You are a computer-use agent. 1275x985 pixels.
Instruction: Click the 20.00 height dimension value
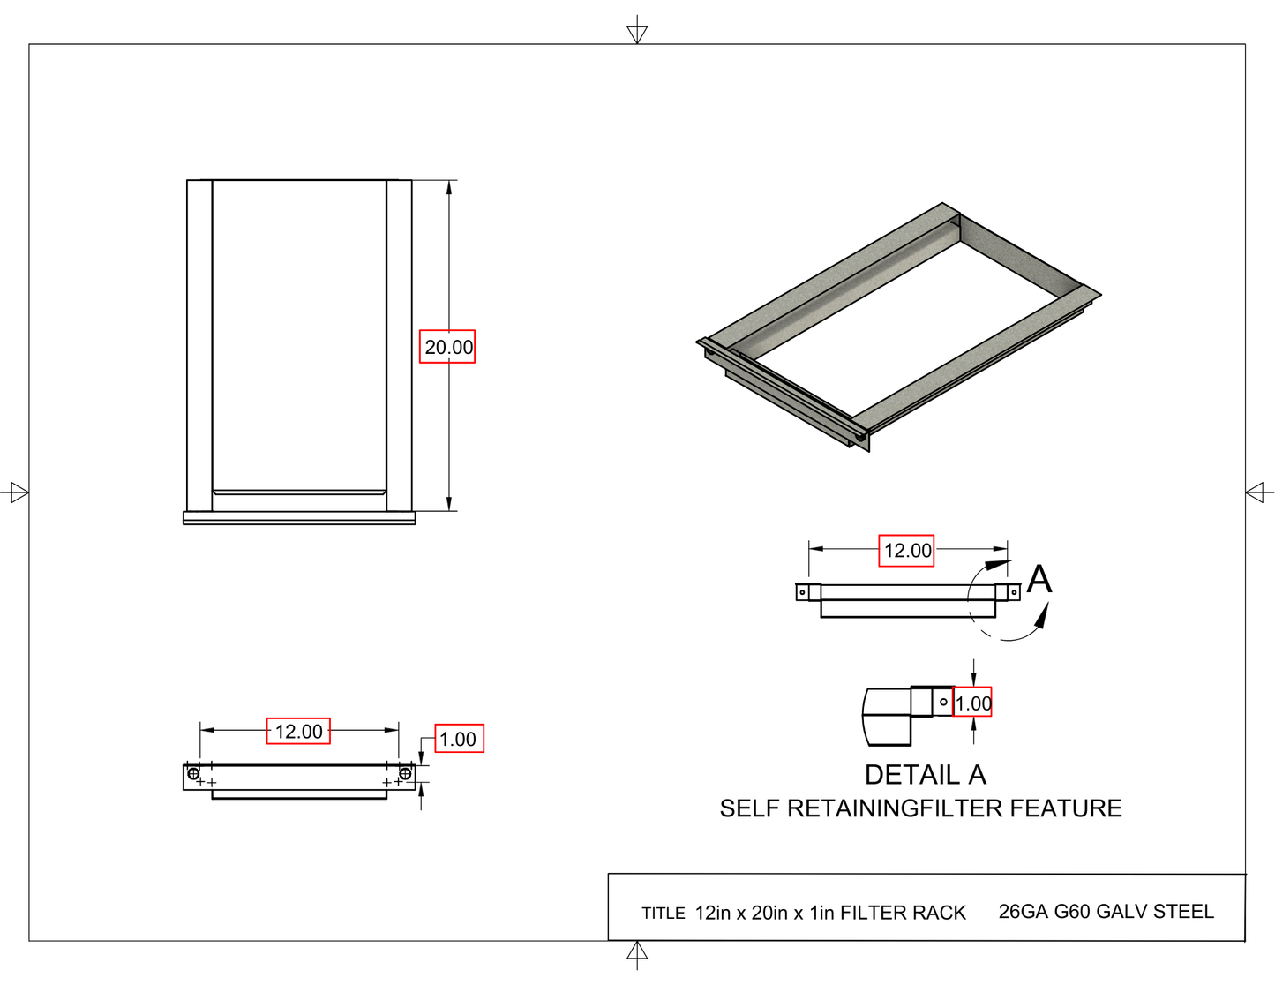click(x=447, y=347)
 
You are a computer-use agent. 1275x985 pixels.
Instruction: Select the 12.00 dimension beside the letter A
click(x=906, y=551)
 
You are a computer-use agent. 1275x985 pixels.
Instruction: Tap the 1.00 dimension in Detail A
click(x=972, y=703)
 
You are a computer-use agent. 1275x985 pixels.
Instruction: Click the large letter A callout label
click(x=1039, y=580)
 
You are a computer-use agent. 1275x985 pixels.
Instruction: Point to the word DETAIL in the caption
click(x=911, y=775)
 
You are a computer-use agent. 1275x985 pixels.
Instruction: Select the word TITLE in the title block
click(x=663, y=914)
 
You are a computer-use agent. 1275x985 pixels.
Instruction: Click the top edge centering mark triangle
click(x=637, y=33)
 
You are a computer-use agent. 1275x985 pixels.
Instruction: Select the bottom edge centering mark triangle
click(x=637, y=951)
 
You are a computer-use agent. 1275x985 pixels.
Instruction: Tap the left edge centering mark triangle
click(x=19, y=492)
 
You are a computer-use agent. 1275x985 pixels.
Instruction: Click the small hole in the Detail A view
click(x=943, y=703)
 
